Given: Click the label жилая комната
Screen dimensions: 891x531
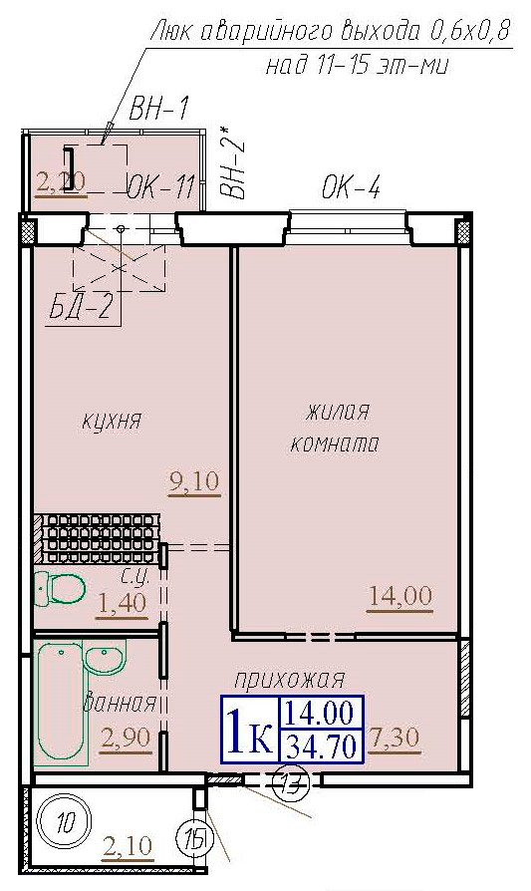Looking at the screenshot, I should pos(335,428).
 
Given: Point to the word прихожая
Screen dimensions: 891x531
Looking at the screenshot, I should pos(290,680).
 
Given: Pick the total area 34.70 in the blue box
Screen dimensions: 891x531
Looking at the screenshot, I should pos(321,744).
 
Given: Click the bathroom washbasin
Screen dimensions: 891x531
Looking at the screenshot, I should pos(104,659).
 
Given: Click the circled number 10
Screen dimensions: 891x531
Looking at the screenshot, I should pos(66,823).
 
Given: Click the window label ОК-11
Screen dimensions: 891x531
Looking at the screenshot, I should pos(158,187).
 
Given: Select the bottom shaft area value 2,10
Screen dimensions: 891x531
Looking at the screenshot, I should pos(128,848).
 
